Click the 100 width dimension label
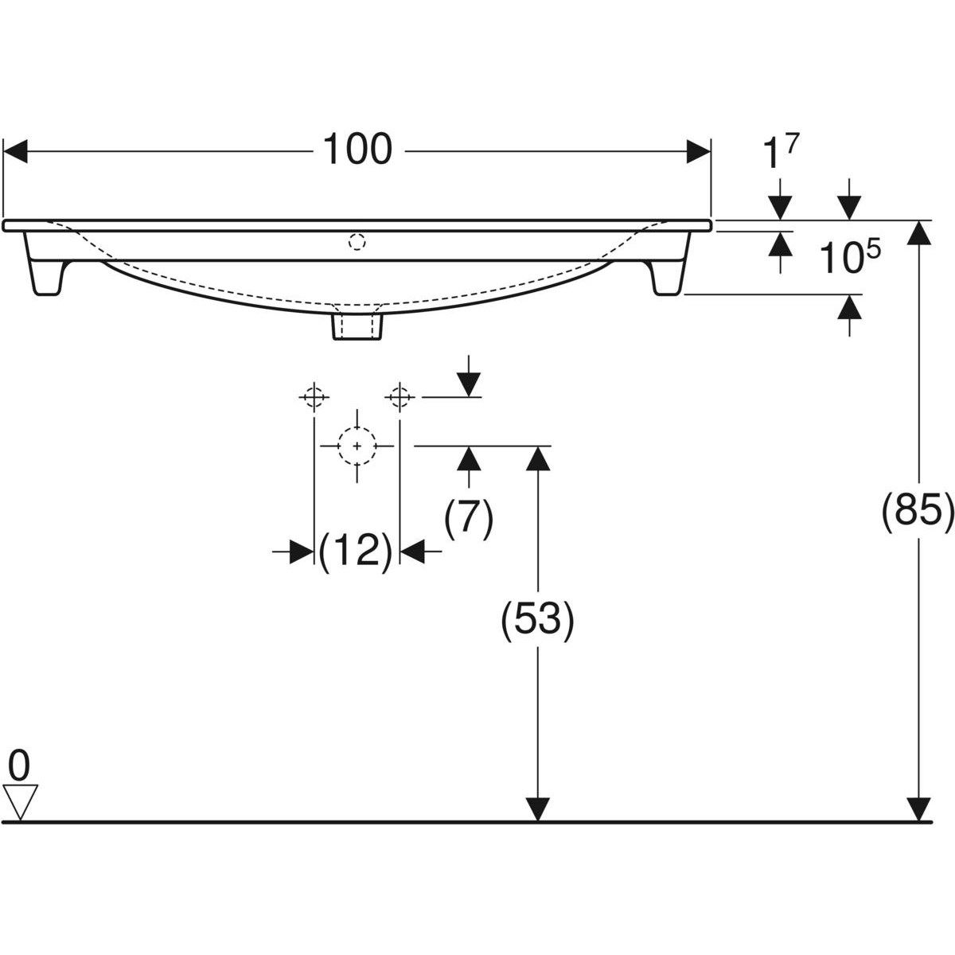pyautogui.click(x=357, y=150)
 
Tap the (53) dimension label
pyautogui.click(x=537, y=622)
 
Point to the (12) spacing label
pyautogui.click(x=355, y=551)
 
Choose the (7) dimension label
pyautogui.click(x=469, y=519)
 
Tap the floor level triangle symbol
pyautogui.click(x=20, y=801)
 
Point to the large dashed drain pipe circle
pyautogui.click(x=357, y=446)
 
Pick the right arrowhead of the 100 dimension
pyautogui.click(x=698, y=150)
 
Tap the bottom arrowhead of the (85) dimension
pyautogui.click(x=919, y=809)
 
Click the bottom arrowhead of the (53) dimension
pyautogui.click(x=539, y=809)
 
